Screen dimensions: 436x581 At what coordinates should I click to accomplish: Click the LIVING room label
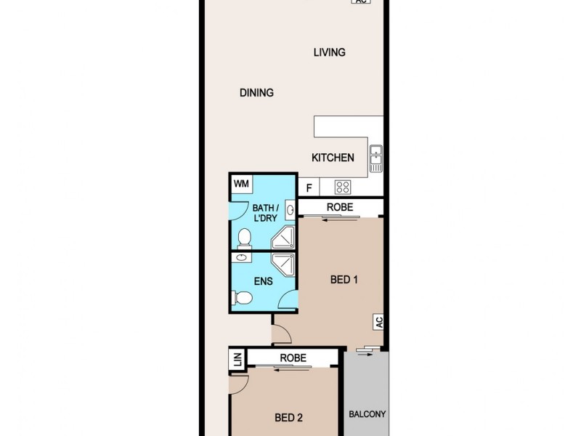[x=329, y=52]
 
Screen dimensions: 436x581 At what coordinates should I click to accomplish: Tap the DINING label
[x=256, y=93]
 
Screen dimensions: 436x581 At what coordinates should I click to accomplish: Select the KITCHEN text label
[x=333, y=158]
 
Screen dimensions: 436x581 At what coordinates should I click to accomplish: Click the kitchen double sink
[x=375, y=159]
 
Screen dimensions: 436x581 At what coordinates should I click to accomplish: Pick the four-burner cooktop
[x=344, y=187]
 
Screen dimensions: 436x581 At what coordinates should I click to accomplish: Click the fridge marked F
[x=309, y=188]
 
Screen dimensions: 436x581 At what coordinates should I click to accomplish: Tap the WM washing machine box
[x=241, y=184]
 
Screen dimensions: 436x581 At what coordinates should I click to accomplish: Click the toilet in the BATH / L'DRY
[x=245, y=237]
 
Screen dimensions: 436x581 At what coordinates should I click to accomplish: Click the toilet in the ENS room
[x=242, y=297]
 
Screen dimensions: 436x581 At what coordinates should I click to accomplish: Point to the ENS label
[x=262, y=280]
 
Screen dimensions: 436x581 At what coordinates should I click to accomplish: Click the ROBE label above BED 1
[x=339, y=207]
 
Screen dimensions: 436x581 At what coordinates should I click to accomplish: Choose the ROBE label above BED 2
[x=293, y=358]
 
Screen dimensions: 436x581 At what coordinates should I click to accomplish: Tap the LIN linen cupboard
[x=237, y=358]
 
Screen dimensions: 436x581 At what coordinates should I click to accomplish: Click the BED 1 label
[x=344, y=280]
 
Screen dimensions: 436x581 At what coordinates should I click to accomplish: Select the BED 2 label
[x=288, y=417]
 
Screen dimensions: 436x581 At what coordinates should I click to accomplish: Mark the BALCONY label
[x=367, y=414]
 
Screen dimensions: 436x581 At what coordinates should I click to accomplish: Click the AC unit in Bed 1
[x=378, y=320]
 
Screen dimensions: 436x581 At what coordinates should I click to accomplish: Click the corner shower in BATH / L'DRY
[x=283, y=236]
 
